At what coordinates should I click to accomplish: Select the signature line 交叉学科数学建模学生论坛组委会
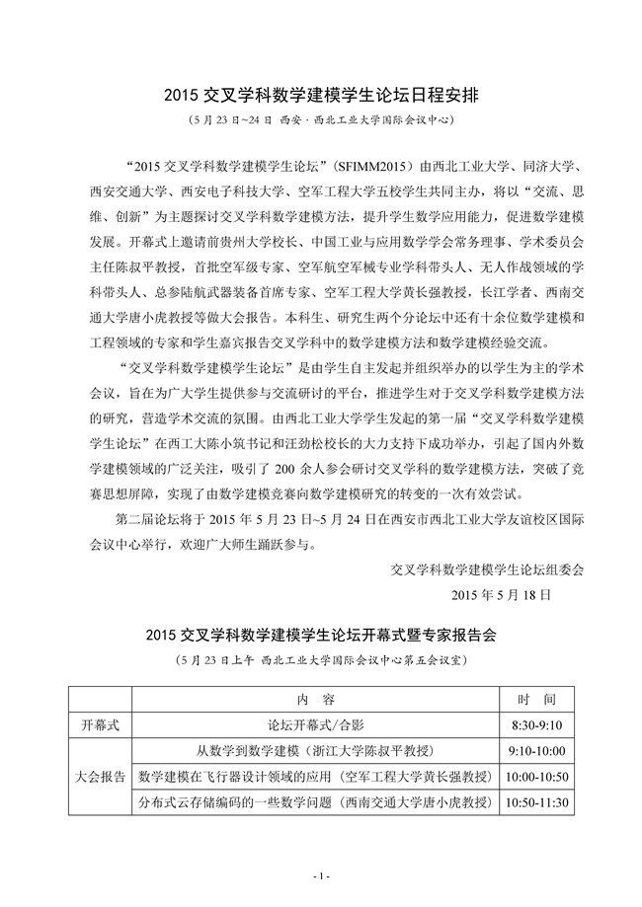point(489,569)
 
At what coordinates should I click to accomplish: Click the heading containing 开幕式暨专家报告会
point(320,635)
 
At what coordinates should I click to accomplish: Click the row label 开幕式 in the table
point(100,723)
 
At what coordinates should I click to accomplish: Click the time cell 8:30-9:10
point(537,723)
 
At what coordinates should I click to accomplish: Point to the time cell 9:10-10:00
point(537,750)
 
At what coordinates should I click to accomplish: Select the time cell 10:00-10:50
point(537,777)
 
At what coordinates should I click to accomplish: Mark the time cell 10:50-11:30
point(537,802)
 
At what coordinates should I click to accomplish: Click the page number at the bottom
point(320,875)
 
